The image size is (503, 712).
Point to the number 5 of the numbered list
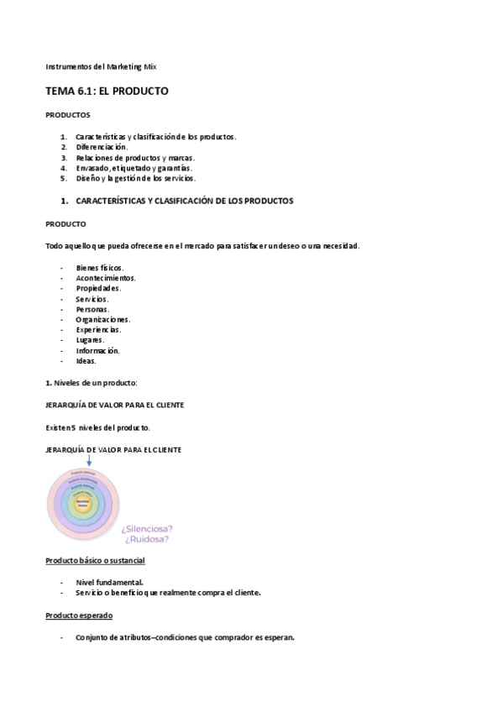(x=63, y=178)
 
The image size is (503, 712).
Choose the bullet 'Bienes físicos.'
(x=99, y=267)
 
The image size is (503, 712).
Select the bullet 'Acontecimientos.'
(x=105, y=278)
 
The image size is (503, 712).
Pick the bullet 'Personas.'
(x=92, y=309)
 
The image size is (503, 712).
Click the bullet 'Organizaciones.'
(x=102, y=319)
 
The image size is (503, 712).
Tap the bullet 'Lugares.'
(x=90, y=340)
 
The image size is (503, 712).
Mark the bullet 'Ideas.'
(x=86, y=361)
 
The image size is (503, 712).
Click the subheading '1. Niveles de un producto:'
(x=97, y=383)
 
